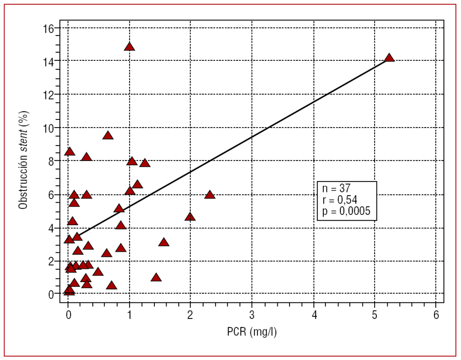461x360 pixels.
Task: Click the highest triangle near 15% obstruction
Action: (x=130, y=47)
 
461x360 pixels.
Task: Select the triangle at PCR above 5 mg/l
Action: (x=389, y=58)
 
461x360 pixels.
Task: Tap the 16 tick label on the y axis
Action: (x=49, y=28)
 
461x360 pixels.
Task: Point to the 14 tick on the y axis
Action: (x=49, y=61)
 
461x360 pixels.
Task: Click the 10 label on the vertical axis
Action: (x=49, y=128)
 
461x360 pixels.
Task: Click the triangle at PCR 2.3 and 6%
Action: (x=209, y=195)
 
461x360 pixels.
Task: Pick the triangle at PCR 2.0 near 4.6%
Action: (x=190, y=217)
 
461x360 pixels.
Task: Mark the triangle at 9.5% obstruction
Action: (x=108, y=136)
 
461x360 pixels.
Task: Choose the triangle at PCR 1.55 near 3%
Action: (x=163, y=242)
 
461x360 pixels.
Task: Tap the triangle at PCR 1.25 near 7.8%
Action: (x=145, y=163)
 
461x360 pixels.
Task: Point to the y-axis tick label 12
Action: (x=49, y=95)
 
